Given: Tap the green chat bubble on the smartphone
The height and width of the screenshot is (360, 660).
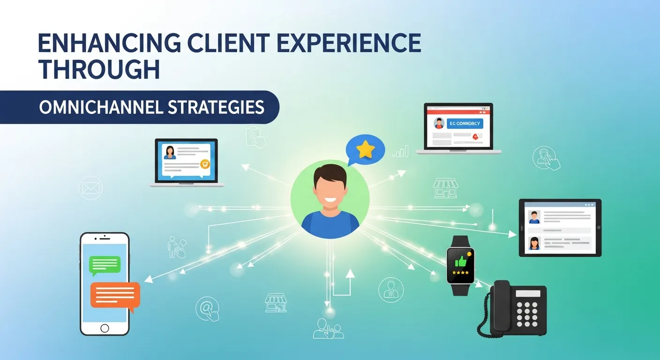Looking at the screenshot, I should pos(105,266).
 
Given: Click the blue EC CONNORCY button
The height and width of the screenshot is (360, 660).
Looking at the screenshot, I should pos(465,123).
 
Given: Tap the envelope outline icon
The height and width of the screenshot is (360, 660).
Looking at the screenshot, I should pos(91,188).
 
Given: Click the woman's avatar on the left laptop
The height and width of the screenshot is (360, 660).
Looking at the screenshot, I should pos(169,152).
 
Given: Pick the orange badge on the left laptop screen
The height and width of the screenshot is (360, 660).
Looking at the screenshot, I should pos(204,164).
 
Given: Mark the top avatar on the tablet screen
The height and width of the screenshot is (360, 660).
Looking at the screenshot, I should pos(534,217).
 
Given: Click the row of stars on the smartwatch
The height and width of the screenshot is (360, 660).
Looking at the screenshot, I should pos(460,272).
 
